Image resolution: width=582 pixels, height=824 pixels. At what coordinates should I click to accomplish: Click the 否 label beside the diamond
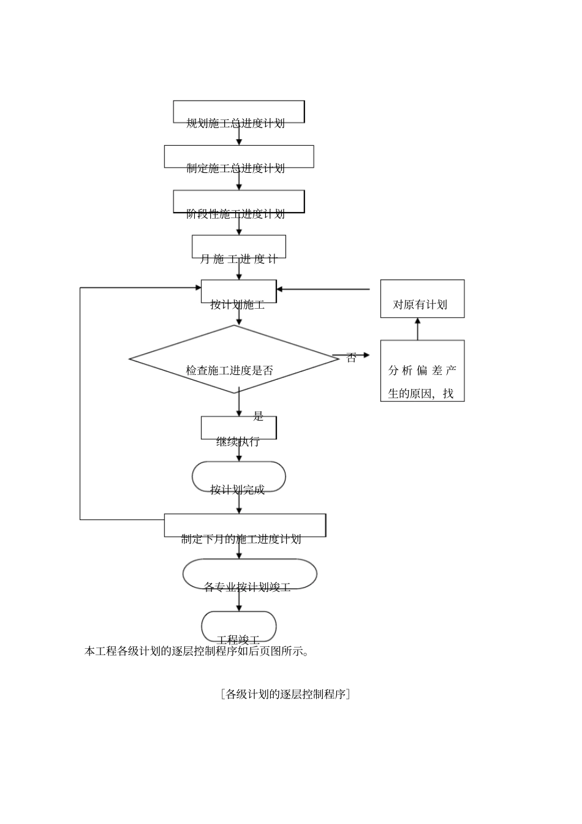tap(351, 358)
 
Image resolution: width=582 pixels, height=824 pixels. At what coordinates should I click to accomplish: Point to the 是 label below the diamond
tap(258, 417)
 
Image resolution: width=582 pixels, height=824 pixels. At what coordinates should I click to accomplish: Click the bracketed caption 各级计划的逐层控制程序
tap(285, 694)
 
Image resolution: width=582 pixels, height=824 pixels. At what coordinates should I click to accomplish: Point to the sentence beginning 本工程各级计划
tap(196, 651)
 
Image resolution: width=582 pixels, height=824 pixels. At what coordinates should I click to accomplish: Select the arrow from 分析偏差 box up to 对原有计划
tap(418, 329)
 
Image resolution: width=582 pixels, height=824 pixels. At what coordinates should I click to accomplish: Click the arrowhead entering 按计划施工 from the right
tap(281, 289)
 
